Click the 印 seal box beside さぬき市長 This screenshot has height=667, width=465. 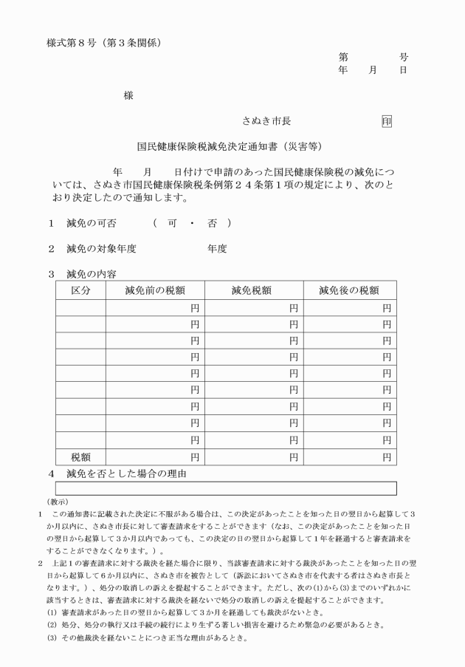(387, 120)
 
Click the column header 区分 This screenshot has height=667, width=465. (80, 290)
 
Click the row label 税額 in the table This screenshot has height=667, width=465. (80, 458)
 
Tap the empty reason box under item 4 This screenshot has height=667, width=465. (226, 488)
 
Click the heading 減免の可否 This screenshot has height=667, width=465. (92, 223)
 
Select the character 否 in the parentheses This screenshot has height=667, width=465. (212, 223)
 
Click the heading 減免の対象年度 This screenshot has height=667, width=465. (101, 249)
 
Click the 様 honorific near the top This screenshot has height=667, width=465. (128, 95)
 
